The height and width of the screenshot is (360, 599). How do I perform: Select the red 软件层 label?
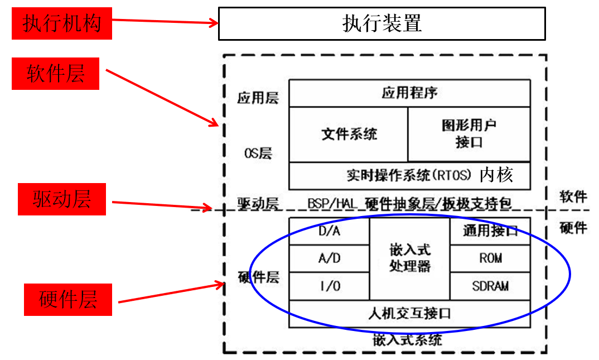pyautogui.click(x=55, y=74)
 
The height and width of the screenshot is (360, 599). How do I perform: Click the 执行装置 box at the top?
pyautogui.click(x=381, y=23)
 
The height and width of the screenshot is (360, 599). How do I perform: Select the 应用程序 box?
pyautogui.click(x=409, y=93)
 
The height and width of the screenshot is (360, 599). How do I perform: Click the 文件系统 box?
pyautogui.click(x=349, y=134)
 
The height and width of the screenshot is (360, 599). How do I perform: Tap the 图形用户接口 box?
pyautogui.click(x=468, y=134)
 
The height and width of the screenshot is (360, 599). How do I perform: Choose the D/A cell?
pyautogui.click(x=329, y=231)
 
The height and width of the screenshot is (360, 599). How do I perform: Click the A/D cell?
pyautogui.click(x=329, y=258)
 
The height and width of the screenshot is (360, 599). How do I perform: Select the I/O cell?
pyautogui.click(x=329, y=286)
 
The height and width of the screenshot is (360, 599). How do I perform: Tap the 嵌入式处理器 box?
pyautogui.click(x=409, y=258)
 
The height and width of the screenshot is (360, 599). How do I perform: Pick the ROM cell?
pyautogui.click(x=490, y=258)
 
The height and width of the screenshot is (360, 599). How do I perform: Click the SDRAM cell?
pyautogui.click(x=490, y=286)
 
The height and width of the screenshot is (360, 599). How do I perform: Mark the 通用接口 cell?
pyautogui.click(x=490, y=231)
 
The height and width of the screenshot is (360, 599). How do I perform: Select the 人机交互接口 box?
pyautogui.click(x=409, y=313)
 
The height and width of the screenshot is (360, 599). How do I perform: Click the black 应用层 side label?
pyautogui.click(x=258, y=98)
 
